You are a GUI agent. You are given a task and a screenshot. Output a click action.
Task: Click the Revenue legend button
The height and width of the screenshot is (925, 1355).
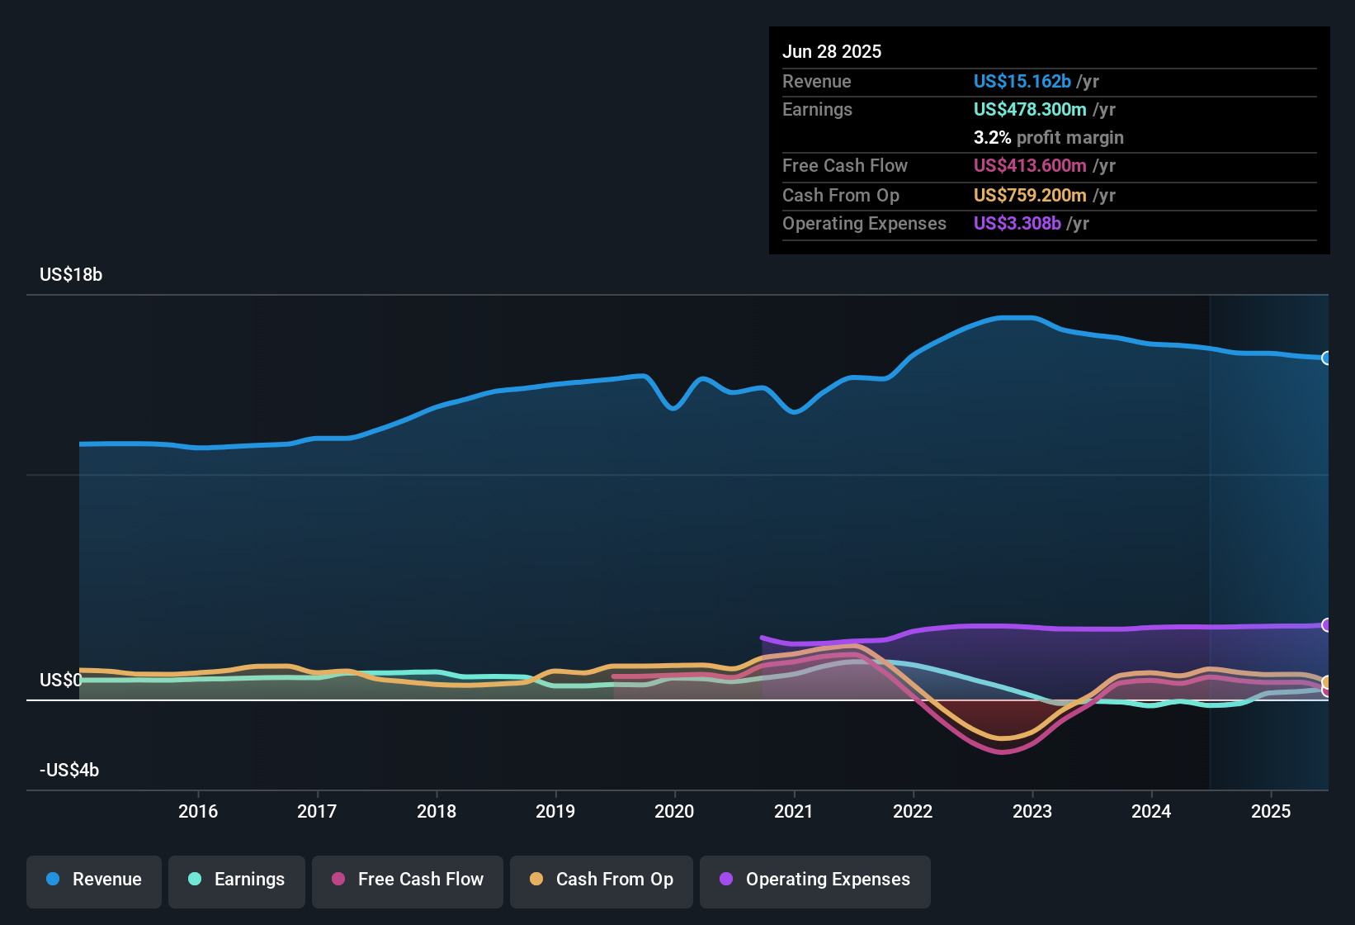94,880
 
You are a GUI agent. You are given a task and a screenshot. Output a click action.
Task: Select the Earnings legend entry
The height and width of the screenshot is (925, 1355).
237,880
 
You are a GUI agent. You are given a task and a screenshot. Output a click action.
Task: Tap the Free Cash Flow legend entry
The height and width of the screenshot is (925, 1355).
408,880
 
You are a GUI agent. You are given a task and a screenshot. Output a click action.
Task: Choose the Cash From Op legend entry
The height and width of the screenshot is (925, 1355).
602,880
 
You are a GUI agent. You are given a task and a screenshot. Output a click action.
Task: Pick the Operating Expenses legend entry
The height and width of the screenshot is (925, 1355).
815,880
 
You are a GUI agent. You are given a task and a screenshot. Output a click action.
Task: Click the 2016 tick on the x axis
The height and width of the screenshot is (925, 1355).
198,811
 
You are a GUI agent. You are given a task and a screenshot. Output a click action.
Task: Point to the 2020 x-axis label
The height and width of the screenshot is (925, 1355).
674,811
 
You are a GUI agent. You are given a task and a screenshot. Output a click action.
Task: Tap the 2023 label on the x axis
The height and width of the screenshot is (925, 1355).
1032,811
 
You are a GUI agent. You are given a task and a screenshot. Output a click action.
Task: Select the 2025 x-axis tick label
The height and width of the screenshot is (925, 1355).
1271,811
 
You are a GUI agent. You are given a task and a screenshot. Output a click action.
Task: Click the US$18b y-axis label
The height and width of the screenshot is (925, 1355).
71,275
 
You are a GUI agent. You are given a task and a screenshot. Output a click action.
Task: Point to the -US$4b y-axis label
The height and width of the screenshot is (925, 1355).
69,771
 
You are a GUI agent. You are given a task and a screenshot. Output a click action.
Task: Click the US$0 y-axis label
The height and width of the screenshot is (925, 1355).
61,680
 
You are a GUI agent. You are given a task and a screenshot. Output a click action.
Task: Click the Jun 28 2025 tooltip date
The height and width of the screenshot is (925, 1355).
832,51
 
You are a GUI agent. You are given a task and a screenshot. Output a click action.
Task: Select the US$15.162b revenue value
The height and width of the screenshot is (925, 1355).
1022,81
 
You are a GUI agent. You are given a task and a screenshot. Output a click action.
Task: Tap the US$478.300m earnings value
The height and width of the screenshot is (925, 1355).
1029,109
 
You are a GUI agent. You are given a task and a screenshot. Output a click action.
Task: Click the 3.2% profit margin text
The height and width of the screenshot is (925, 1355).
1048,137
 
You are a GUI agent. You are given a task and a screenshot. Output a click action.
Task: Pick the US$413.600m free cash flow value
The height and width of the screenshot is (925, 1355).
1029,165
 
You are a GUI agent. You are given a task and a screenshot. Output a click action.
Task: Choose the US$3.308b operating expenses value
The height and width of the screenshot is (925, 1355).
1017,223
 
